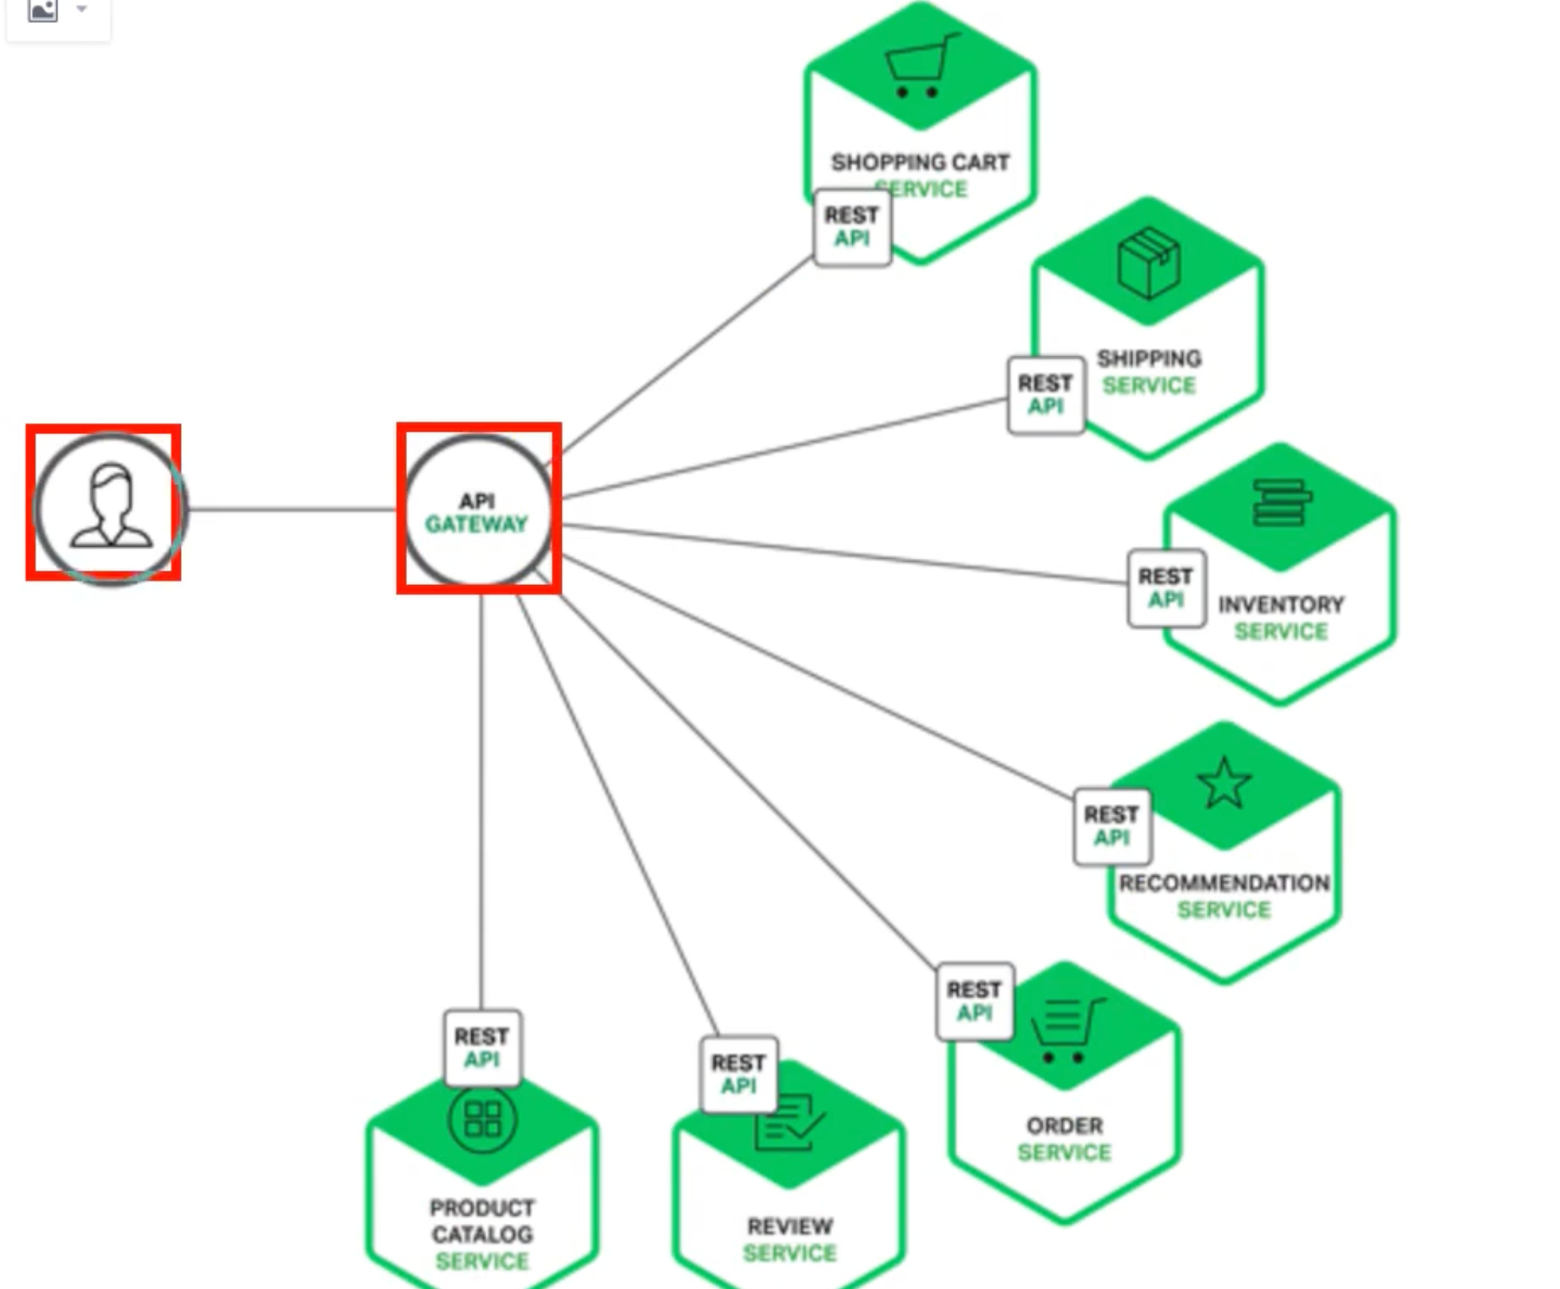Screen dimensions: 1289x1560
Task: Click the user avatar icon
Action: pyautogui.click(x=110, y=506)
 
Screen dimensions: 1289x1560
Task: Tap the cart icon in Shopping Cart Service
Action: pyautogui.click(x=920, y=67)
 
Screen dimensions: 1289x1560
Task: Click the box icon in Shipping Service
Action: pyautogui.click(x=1148, y=264)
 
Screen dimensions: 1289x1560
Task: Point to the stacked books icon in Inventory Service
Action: pyautogui.click(x=1281, y=502)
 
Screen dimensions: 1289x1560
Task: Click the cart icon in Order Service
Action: pyautogui.click(x=1067, y=1031)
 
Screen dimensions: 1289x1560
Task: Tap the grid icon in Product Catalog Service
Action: pyautogui.click(x=482, y=1118)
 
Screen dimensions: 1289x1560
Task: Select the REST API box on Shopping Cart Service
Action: pyautogui.click(x=852, y=227)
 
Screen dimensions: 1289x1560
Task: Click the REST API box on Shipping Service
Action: pyautogui.click(x=1046, y=394)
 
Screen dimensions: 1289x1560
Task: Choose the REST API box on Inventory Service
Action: pyautogui.click(x=1166, y=588)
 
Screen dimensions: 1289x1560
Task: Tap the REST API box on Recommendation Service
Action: pyautogui.click(x=1112, y=826)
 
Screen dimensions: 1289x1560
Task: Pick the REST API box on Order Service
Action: pyautogui.click(x=974, y=1001)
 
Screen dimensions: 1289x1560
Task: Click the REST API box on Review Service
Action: pyautogui.click(x=739, y=1074)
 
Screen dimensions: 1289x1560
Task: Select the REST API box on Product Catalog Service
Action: pyautogui.click(x=482, y=1048)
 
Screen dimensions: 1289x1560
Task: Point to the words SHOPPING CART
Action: pyautogui.click(x=920, y=162)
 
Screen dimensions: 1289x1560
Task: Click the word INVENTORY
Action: pyautogui.click(x=1281, y=605)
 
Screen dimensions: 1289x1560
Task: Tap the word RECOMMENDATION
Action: pyautogui.click(x=1224, y=883)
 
